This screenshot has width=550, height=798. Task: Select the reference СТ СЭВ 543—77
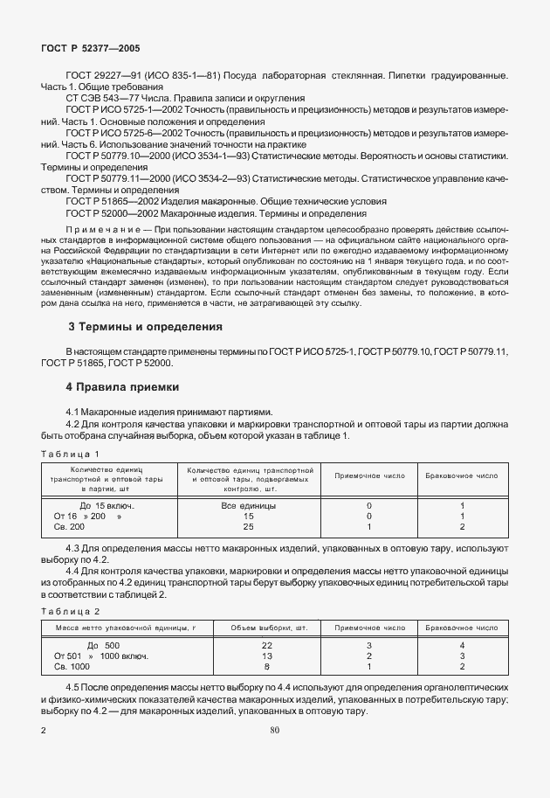click(x=100, y=100)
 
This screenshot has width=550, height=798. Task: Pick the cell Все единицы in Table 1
click(x=248, y=506)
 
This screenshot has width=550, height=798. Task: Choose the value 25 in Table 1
click(x=248, y=527)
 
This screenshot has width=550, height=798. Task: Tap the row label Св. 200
click(x=69, y=527)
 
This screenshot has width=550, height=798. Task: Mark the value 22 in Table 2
click(x=267, y=645)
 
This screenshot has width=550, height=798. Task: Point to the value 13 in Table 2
click(x=267, y=656)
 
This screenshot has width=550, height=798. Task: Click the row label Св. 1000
click(x=72, y=667)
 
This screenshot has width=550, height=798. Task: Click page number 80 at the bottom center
click(x=274, y=730)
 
